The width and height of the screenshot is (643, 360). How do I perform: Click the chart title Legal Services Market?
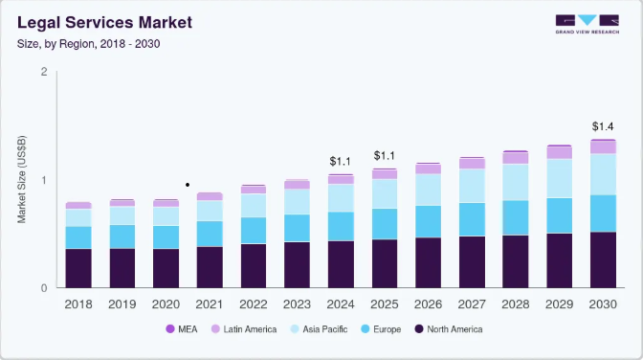(x=104, y=23)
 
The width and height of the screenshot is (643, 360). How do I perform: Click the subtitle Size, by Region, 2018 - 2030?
(x=89, y=44)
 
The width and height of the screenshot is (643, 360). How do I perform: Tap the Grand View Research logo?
(x=588, y=24)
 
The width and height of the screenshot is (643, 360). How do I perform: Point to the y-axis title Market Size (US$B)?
(x=21, y=179)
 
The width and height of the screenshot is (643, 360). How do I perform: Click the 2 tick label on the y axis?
(x=44, y=72)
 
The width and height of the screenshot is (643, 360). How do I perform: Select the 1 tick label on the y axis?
(x=44, y=180)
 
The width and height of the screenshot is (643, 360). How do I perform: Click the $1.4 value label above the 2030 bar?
(x=603, y=126)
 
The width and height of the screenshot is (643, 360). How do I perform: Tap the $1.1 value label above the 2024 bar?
(x=341, y=161)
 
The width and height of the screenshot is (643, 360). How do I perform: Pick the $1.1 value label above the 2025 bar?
(x=385, y=155)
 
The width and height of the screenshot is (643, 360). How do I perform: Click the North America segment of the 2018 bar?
(x=78, y=268)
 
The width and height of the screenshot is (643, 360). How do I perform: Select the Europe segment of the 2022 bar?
(x=254, y=231)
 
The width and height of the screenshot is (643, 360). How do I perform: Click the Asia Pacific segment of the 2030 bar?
(x=603, y=174)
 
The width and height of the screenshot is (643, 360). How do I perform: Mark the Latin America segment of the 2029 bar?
(x=560, y=152)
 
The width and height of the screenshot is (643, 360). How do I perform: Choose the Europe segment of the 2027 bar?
(x=472, y=219)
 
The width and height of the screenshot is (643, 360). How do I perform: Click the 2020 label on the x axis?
(x=166, y=304)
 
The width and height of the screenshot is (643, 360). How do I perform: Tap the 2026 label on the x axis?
(x=428, y=304)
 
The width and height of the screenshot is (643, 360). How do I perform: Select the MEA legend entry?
(x=182, y=329)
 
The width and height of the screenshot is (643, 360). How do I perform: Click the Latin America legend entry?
(x=244, y=329)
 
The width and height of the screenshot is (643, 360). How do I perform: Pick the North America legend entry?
(x=449, y=329)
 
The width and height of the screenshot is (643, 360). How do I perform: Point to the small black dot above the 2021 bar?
(x=188, y=185)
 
